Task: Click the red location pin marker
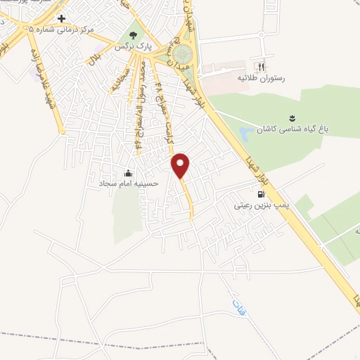[181, 165]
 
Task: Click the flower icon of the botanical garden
[290, 117]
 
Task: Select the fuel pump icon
[261, 194]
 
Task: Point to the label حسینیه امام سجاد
[129, 183]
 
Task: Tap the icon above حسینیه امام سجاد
[128, 172]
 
